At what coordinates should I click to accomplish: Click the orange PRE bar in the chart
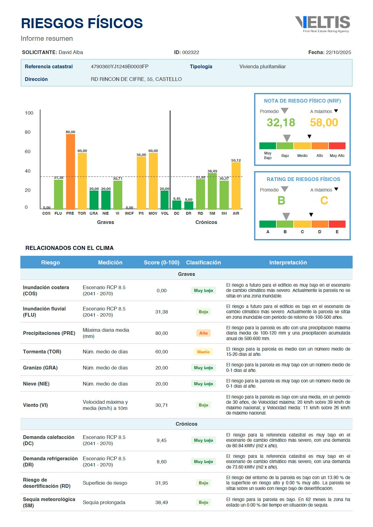point(70,171)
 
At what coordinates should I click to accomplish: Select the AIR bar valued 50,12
point(236,185)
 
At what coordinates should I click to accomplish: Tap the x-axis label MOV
point(153,213)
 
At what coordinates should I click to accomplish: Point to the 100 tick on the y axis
point(29,113)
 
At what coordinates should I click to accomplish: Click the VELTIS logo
point(323,24)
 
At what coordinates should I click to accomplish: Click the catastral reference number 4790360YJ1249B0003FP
point(119,66)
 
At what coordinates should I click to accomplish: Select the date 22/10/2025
point(338,53)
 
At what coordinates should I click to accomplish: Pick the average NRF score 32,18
point(281,123)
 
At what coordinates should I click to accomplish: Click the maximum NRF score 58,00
point(324,123)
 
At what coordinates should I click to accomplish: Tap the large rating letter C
point(324,201)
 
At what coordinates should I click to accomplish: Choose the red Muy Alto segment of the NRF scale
point(337,146)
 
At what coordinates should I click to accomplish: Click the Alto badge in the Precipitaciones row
point(203,333)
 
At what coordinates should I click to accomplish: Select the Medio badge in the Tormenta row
point(203,352)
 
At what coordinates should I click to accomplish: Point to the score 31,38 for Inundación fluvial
point(161,312)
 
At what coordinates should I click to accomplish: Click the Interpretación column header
point(288,263)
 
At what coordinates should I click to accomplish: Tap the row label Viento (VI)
point(36,405)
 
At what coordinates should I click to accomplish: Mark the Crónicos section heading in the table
point(186,424)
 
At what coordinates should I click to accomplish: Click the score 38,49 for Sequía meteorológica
point(161,503)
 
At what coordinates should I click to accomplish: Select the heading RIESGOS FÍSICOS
point(82,23)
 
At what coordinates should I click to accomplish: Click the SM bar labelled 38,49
point(212,192)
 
